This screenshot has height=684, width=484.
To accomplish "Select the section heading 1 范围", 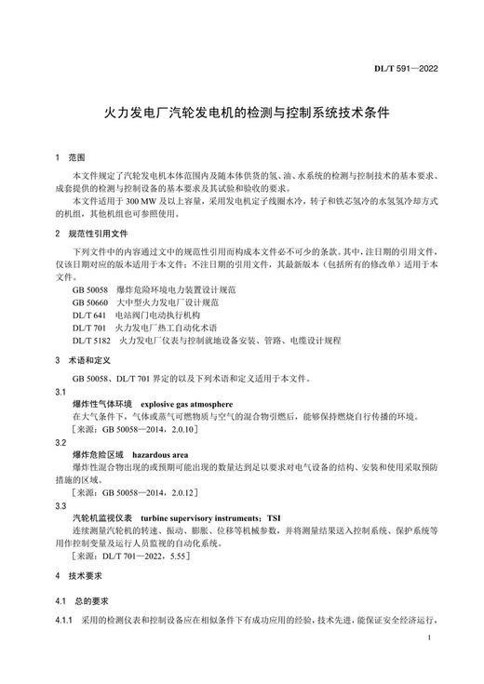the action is tap(71, 159).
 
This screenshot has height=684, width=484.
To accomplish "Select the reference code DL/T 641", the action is tap(88, 315).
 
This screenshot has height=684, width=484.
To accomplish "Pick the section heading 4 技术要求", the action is tap(81, 577).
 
